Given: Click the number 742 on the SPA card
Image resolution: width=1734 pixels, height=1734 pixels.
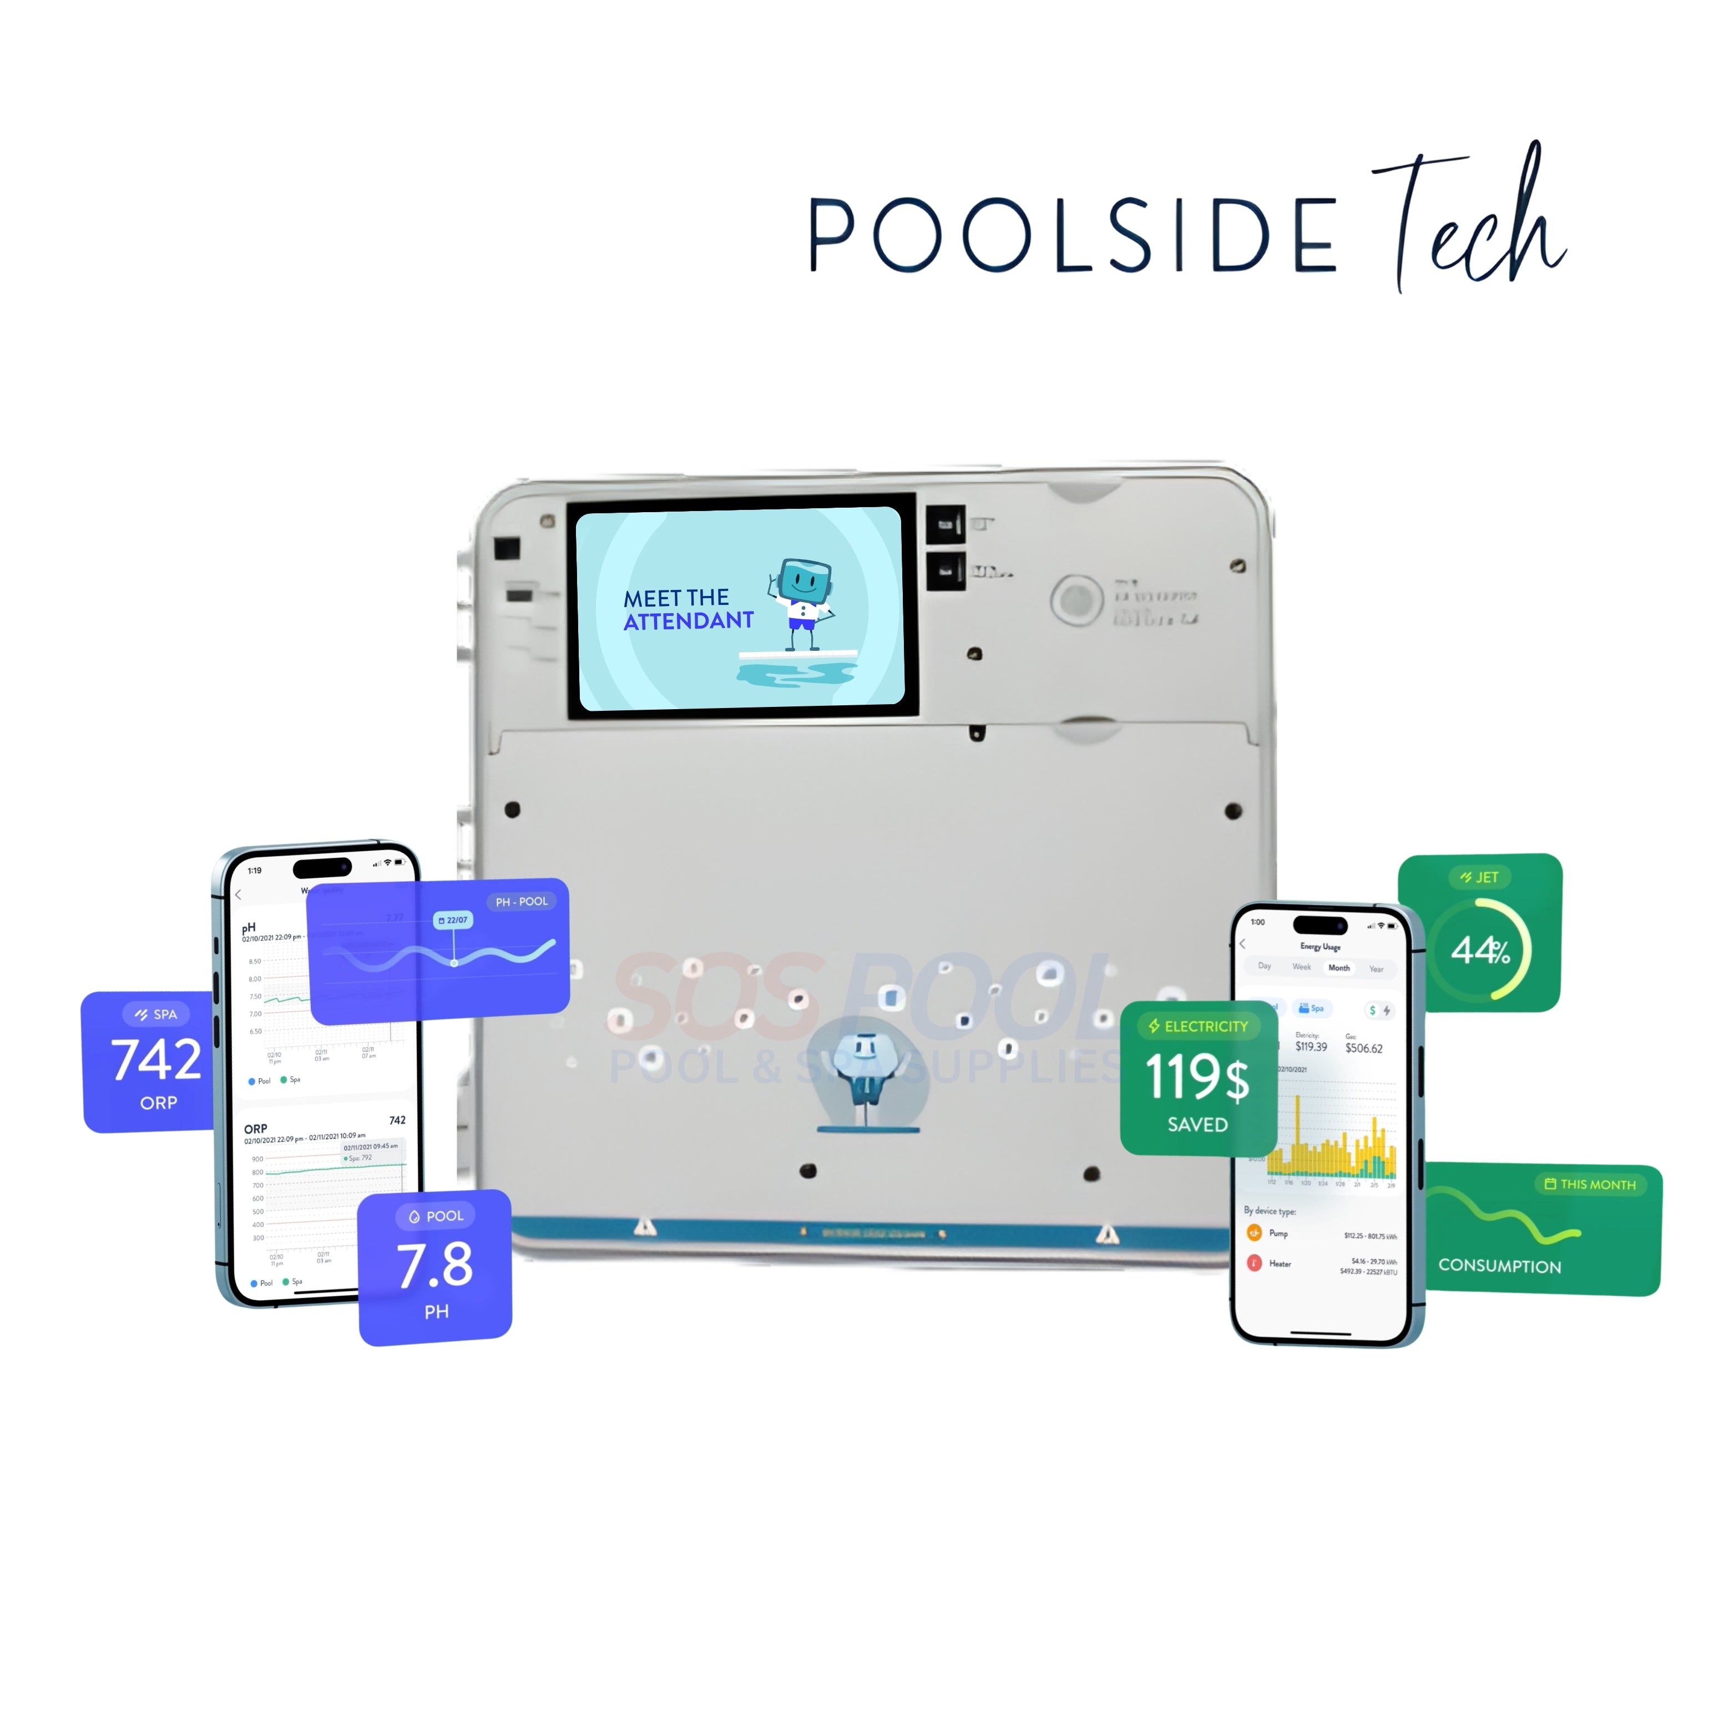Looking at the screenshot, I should [x=156, y=1060].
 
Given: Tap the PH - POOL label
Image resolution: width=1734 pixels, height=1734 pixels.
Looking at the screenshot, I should [x=522, y=901].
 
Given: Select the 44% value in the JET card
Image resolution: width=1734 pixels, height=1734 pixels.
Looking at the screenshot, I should [x=1480, y=949].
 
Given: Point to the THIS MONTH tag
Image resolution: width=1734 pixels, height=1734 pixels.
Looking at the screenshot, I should [x=1590, y=1184].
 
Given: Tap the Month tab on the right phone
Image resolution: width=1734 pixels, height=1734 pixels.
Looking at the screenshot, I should [x=1338, y=968].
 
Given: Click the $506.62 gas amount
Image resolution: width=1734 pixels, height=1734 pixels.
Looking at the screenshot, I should [x=1363, y=1048].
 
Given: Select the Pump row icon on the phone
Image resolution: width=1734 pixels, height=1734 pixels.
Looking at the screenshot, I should [x=1255, y=1233].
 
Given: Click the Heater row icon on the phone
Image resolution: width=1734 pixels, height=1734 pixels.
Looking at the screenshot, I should [x=1255, y=1263].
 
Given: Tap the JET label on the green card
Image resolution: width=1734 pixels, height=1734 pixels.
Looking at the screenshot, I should [x=1479, y=877].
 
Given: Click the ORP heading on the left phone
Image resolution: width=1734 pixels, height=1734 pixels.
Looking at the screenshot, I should [x=256, y=1128].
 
